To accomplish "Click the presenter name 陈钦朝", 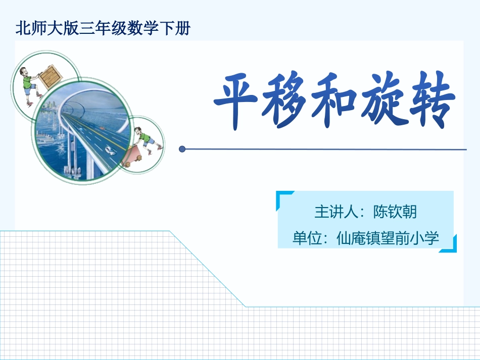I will point(395,212).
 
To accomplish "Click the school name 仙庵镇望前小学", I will point(388,238).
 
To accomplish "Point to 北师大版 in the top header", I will point(46,28).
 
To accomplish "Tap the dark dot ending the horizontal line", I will point(182,149).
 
